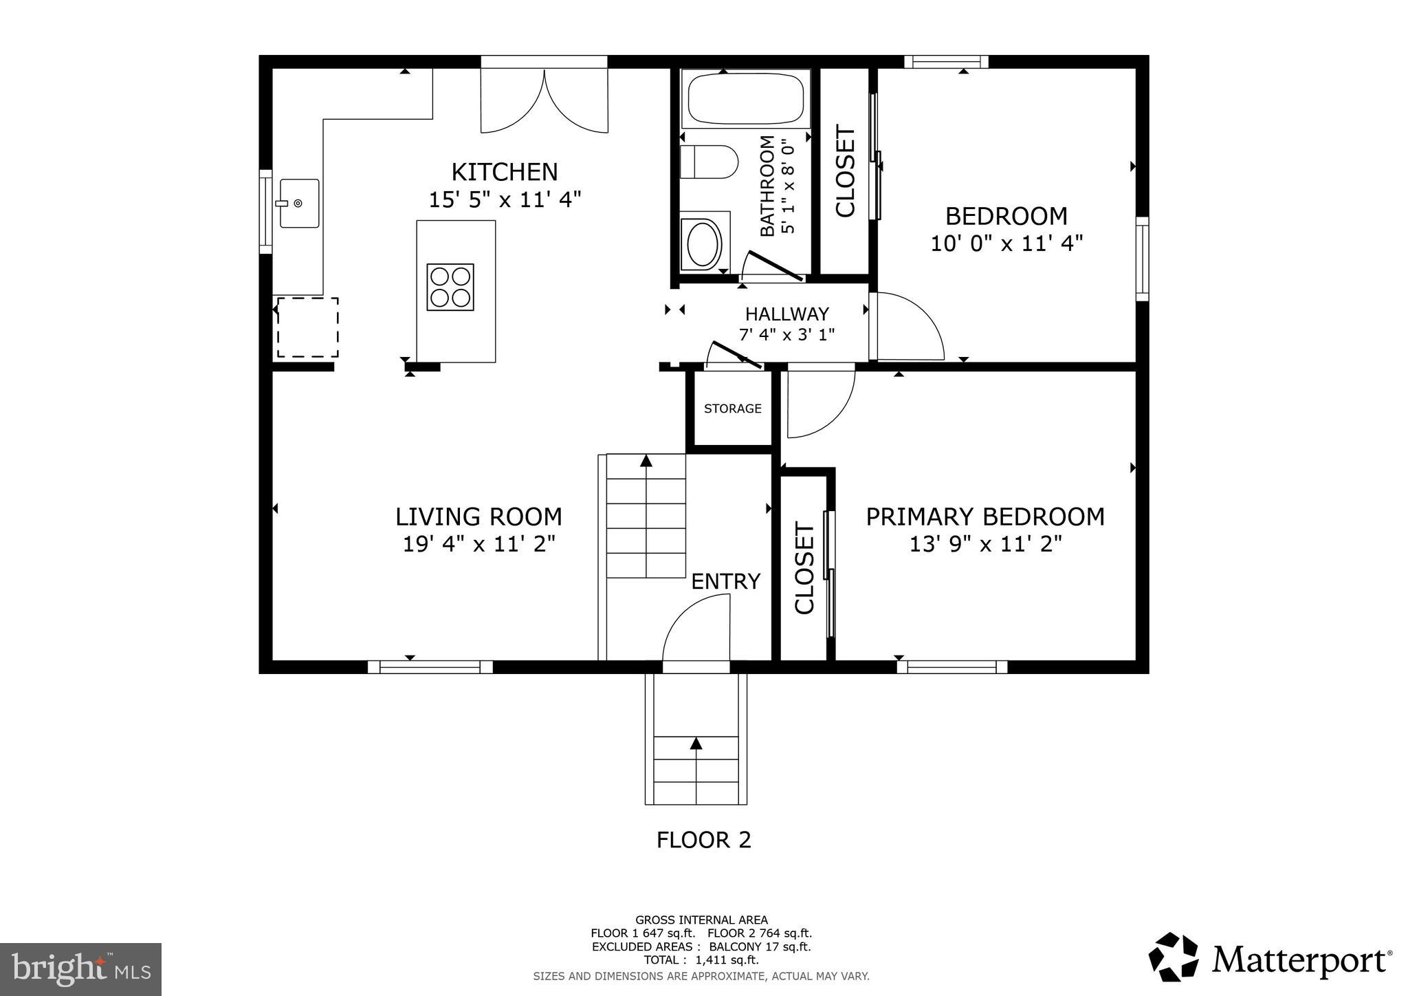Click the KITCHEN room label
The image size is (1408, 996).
pyautogui.click(x=504, y=171)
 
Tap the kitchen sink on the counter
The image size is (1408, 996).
pyautogui.click(x=299, y=203)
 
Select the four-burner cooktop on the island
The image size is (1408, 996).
pyautogui.click(x=450, y=287)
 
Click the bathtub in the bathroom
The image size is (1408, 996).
pyautogui.click(x=745, y=98)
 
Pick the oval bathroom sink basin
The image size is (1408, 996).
pyautogui.click(x=703, y=244)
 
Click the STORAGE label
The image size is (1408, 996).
pyautogui.click(x=732, y=409)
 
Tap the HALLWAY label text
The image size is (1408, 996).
pyautogui.click(x=786, y=314)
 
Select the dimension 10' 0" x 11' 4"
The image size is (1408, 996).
pyautogui.click(x=1006, y=243)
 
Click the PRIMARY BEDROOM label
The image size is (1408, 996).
pyautogui.click(x=984, y=517)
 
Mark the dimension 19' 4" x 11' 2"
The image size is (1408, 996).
pyautogui.click(x=478, y=544)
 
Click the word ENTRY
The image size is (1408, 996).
pyautogui.click(x=725, y=582)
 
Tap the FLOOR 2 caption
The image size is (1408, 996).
pyautogui.click(x=703, y=840)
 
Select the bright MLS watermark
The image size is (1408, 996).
pyautogui.click(x=80, y=969)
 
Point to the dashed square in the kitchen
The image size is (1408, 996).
pyautogui.click(x=307, y=327)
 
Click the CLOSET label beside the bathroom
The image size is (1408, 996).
pyautogui.click(x=845, y=171)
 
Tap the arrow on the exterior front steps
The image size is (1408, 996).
pyautogui.click(x=696, y=743)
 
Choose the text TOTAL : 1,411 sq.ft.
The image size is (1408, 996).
pyautogui.click(x=701, y=960)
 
